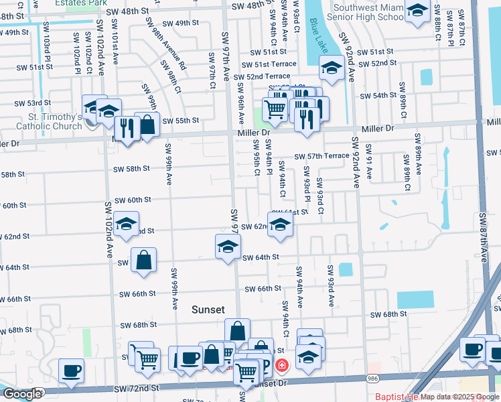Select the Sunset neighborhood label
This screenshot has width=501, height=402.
click(208, 310)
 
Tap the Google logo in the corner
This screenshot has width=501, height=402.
click(23, 395)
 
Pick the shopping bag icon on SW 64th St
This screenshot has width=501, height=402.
click(144, 260)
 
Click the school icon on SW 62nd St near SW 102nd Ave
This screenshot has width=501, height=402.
click(125, 224)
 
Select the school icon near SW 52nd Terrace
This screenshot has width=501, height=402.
click(332, 67)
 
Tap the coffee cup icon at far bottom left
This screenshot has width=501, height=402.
click(71, 371)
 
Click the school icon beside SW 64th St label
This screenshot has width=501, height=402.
click(228, 247)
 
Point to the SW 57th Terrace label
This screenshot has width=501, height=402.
click(322, 156)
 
